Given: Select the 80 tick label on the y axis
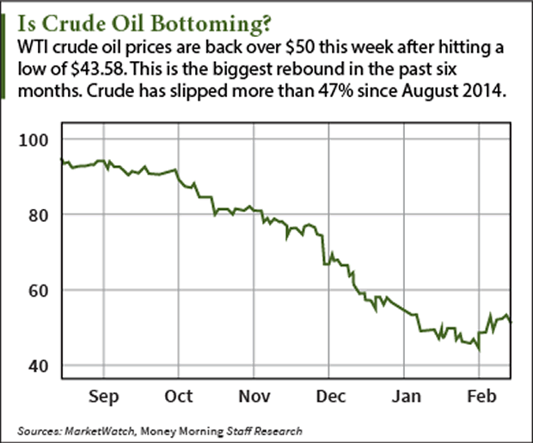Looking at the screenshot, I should coord(40,215).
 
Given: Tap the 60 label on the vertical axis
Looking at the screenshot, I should coord(40,291).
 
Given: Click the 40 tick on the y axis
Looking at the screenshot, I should coord(40,366).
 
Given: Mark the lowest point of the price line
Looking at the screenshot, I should coord(478,350).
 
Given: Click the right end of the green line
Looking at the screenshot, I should coord(513,322).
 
